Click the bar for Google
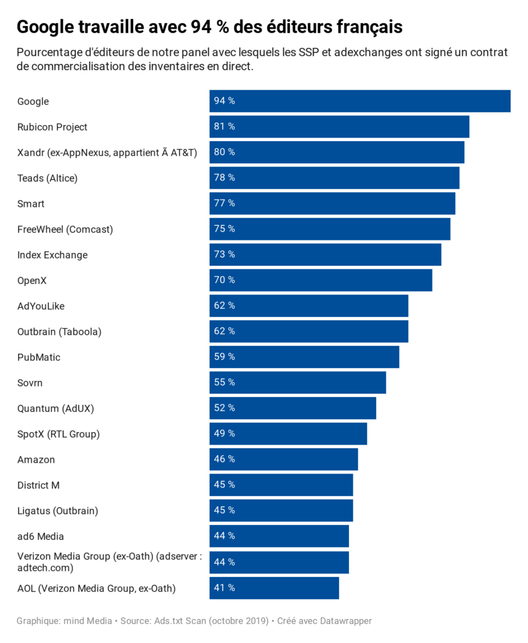point(360,101)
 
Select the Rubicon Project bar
point(339,127)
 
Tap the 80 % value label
point(224,152)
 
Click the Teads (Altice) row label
point(47,178)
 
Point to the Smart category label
point(31,204)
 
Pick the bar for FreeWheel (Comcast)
point(330,229)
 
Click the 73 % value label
point(224,254)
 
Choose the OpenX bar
point(321,280)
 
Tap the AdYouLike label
point(41,306)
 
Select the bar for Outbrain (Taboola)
point(309,331)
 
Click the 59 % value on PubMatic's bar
point(224,357)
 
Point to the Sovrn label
point(30,383)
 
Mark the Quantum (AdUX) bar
point(293,408)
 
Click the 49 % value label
point(224,433)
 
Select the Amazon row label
point(36,460)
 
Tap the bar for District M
point(281,485)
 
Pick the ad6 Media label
point(41,536)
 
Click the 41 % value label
point(224,588)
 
